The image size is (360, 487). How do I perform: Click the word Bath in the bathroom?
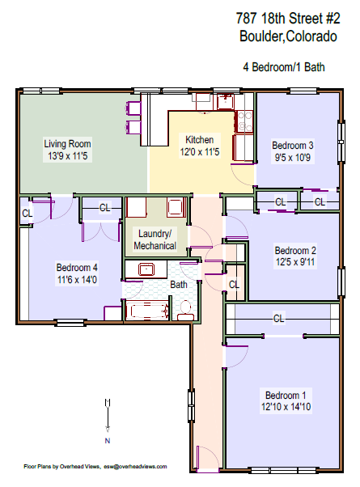tap(178, 285)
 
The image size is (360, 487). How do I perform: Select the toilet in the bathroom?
tap(185, 310)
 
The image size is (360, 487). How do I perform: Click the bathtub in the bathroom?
tap(146, 309)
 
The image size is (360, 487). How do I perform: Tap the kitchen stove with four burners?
tap(244, 121)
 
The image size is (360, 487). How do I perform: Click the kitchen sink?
tap(202, 102)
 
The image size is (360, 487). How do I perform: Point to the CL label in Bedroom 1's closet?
tap(279, 318)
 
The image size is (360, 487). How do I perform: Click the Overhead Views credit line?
tap(95, 467)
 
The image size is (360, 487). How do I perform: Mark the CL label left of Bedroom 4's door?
tap(27, 213)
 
